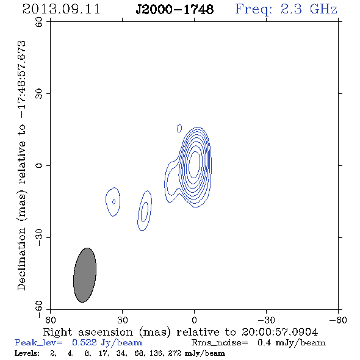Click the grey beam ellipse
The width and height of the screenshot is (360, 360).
click(85, 275)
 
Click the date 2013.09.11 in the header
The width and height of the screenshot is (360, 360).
click(61, 9)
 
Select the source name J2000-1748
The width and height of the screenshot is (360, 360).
click(175, 9)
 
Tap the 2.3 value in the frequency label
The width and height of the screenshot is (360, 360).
click(291, 9)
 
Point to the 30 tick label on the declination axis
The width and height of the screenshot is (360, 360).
click(39, 94)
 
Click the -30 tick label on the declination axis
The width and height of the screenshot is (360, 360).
click(39, 237)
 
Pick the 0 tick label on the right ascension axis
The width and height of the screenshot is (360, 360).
click(194, 320)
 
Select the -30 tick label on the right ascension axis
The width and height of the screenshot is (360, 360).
click(266, 320)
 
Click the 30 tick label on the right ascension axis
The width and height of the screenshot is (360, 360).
click(123, 320)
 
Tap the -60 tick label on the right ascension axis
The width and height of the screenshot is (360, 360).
click(338, 320)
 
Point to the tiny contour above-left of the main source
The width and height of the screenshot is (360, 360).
click(179, 128)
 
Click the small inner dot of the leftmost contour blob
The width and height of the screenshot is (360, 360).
click(113, 201)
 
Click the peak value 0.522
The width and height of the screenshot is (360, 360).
click(84, 342)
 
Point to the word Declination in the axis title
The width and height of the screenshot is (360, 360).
click(21, 259)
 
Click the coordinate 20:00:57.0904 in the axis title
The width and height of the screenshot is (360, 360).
click(279, 332)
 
